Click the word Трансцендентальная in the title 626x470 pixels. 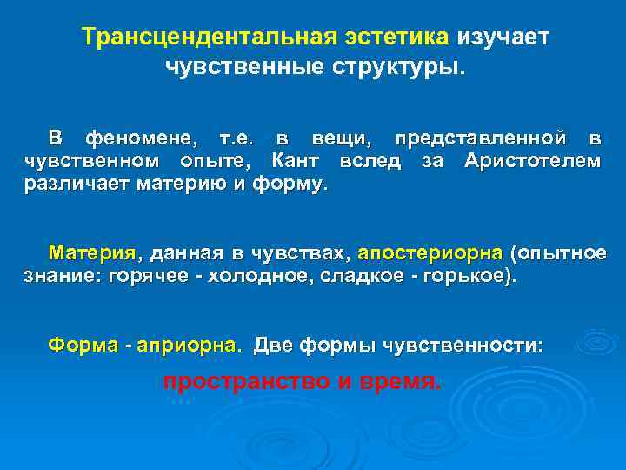tap(201, 37)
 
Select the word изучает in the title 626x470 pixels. tap(504, 37)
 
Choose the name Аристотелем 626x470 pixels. tap(532, 161)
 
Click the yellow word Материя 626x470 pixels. tap(93, 253)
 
